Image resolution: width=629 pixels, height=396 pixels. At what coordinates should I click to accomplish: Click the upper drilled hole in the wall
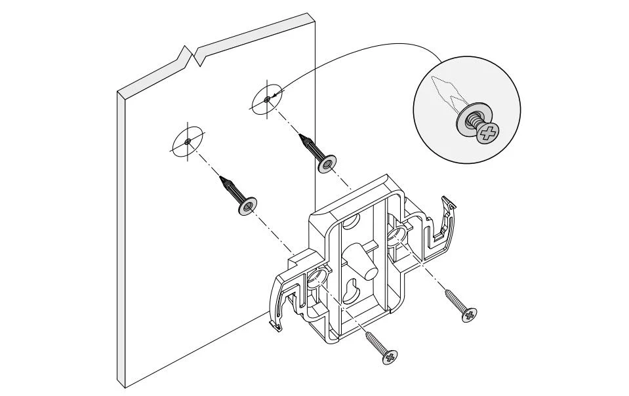tap(266, 99)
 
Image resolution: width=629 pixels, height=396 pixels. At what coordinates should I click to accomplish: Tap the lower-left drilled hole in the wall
tap(188, 140)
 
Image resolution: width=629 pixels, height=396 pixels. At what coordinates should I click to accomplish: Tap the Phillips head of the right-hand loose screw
tap(469, 315)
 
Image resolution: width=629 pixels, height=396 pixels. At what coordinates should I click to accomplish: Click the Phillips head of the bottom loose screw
tap(390, 357)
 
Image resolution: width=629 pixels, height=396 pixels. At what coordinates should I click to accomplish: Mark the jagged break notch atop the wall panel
tap(193, 56)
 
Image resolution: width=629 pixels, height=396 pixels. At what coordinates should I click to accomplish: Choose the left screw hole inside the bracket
tap(317, 279)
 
